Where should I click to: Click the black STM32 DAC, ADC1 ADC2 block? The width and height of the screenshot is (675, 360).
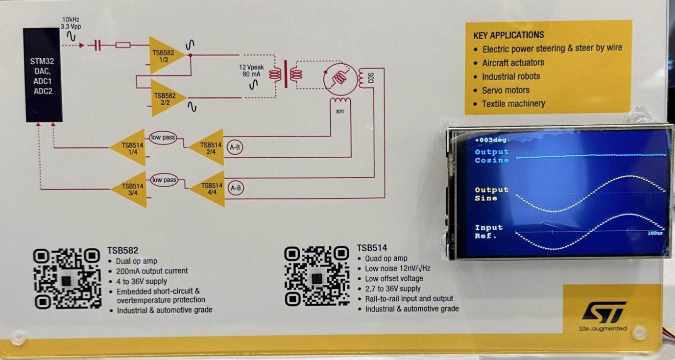pos(44,75)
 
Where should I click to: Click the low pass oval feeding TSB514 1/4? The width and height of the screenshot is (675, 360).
pos(163,138)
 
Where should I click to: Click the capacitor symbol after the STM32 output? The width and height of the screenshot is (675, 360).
pos(97,46)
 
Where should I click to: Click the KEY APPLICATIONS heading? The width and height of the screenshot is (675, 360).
pos(508,35)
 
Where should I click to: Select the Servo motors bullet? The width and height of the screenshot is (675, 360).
pos(506,90)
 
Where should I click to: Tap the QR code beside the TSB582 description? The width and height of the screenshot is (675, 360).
pos(67,278)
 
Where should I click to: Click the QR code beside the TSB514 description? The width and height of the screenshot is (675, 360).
pos(317,276)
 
